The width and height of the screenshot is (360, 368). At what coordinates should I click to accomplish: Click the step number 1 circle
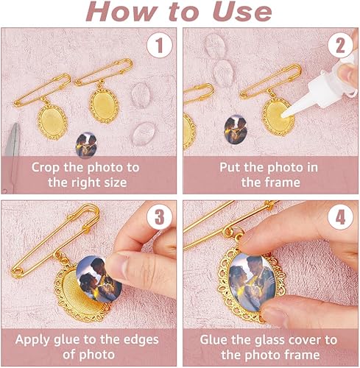point(160,46)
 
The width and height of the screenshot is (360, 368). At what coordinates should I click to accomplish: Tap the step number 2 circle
point(341,46)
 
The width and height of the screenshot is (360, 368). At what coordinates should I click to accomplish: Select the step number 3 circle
point(160,217)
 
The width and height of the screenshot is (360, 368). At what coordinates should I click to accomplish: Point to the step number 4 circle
point(341,217)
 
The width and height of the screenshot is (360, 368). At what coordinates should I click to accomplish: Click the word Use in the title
point(242,12)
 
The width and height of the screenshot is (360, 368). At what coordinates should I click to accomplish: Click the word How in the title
point(122,12)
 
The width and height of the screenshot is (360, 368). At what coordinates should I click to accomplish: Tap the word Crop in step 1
point(46,168)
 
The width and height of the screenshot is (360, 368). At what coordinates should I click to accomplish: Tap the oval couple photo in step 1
point(86,145)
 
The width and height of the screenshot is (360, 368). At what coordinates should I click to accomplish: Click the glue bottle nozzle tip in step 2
point(283,115)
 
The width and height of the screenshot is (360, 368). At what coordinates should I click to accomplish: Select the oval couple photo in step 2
point(236,130)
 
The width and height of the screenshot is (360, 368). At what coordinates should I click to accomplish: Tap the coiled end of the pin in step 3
point(17,272)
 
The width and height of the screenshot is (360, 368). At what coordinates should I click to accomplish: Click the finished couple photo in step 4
point(253,282)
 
